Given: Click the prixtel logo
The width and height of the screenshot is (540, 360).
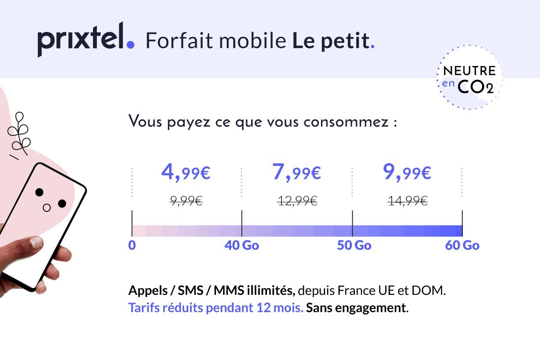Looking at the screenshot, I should (x=86, y=39).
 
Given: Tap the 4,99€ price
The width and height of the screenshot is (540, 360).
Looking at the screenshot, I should (x=186, y=173).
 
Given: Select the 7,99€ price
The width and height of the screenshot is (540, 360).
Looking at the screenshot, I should (x=297, y=173).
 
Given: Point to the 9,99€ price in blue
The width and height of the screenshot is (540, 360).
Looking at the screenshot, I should (x=407, y=173).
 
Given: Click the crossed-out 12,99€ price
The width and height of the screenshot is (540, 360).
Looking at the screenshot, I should (x=297, y=201).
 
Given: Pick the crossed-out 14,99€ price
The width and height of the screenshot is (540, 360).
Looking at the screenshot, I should (x=407, y=201).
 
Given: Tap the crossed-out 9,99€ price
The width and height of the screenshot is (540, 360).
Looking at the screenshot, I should (x=186, y=201).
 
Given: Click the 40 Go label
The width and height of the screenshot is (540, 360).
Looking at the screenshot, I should (x=242, y=246).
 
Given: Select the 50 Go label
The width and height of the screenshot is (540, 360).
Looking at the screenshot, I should (x=354, y=246).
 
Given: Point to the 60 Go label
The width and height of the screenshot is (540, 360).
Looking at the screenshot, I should (x=462, y=246).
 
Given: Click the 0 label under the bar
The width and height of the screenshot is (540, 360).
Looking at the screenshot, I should (x=132, y=246).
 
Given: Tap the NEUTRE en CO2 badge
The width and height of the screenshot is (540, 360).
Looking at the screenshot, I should (x=469, y=78).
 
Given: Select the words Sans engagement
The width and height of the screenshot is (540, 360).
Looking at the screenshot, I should (x=357, y=308).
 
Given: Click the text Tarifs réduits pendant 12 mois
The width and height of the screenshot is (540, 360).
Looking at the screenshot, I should (x=216, y=308).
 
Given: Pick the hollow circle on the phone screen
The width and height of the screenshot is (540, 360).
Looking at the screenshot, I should (x=47, y=208).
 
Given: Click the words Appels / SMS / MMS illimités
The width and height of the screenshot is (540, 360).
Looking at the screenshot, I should (x=211, y=291).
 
